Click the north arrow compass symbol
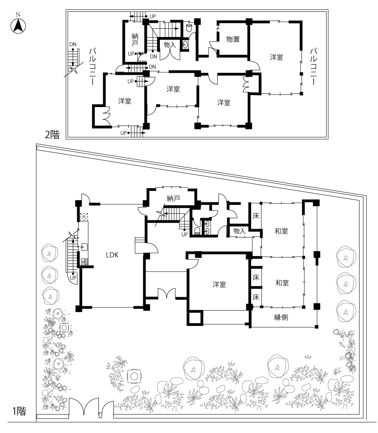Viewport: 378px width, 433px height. pyautogui.click(x=18, y=26)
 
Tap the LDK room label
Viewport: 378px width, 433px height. pyautogui.click(x=112, y=255)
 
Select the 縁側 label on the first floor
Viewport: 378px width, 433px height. pyautogui.click(x=281, y=317)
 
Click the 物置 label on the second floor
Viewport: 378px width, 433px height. pyautogui.click(x=233, y=39)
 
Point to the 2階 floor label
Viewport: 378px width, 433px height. pyautogui.click(x=52, y=135)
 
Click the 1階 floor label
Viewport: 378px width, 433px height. pyautogui.click(x=19, y=411)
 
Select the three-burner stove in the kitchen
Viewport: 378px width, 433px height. pyautogui.click(x=84, y=261)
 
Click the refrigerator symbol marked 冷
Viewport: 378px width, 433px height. pyautogui.click(x=83, y=217)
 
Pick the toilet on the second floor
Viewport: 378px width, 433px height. pyautogui.click(x=189, y=28)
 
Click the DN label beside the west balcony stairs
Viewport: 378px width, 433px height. pyautogui.click(x=73, y=44)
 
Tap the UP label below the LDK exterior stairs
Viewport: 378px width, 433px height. pyautogui.click(x=73, y=278)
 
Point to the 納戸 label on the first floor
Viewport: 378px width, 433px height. pyautogui.click(x=174, y=198)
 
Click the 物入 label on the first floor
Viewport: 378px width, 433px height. pyautogui.click(x=239, y=231)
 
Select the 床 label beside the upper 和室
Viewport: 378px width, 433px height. pyautogui.click(x=256, y=216)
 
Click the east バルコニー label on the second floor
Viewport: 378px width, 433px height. pyautogui.click(x=313, y=66)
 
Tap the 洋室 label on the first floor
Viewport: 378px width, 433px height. pyautogui.click(x=219, y=284)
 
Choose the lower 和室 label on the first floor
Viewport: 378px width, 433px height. pyautogui.click(x=282, y=283)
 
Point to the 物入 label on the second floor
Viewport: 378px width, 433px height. pyautogui.click(x=170, y=45)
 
